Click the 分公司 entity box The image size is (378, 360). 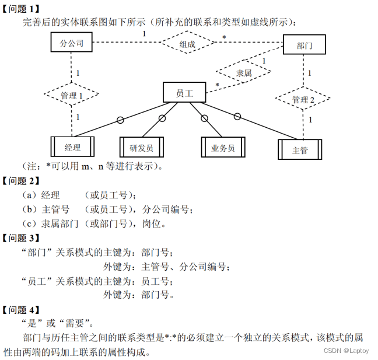pos(71,42)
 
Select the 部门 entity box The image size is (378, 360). pos(304,45)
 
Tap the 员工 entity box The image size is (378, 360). pos(184,92)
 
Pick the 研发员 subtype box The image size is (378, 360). pos(141,148)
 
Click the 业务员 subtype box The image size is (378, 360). pos(223,148)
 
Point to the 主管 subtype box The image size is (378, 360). pos(299,149)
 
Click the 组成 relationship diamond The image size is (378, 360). pos(187,44)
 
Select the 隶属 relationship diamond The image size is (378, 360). pos(244,73)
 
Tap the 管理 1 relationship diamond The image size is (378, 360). pos(72,95)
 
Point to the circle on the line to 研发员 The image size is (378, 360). pos(162,119)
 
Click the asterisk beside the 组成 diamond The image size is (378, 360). pos(223,38)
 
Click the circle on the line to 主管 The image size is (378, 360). pos(237,116)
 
